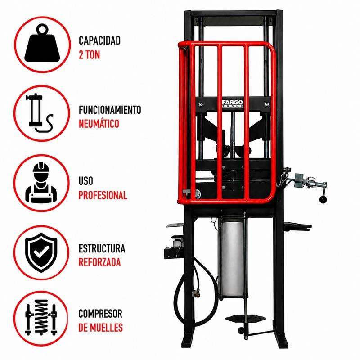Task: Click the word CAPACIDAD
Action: point(99,40)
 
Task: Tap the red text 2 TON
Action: point(89,55)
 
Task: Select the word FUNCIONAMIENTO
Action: point(110,110)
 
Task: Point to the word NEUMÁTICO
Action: point(99,123)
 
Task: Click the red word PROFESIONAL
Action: point(103,195)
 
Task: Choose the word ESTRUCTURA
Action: point(102,248)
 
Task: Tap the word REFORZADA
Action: point(99,262)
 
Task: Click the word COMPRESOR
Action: point(100,314)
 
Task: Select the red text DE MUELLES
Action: point(100,328)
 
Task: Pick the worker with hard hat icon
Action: point(41,183)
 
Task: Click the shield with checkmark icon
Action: point(41,252)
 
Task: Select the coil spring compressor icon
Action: point(41,317)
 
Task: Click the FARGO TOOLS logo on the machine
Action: point(233,103)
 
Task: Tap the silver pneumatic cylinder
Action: point(232,256)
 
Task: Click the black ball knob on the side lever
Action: point(323,200)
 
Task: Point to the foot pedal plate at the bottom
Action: point(246,319)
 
